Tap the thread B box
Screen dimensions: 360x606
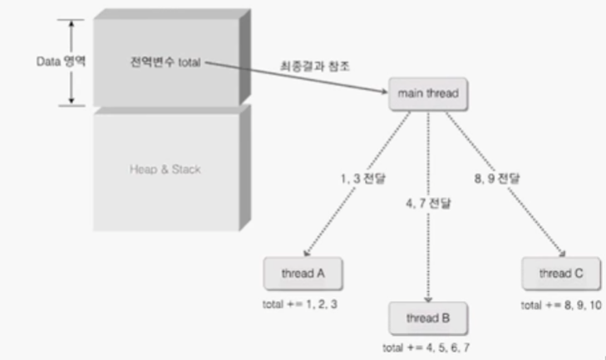[x=427, y=318]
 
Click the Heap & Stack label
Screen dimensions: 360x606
[x=165, y=169]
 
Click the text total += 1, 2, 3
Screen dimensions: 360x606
[x=301, y=304]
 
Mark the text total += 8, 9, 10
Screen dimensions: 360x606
[x=560, y=304]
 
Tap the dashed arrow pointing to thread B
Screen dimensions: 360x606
[x=427, y=233]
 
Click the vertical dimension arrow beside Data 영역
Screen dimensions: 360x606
[x=71, y=62]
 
